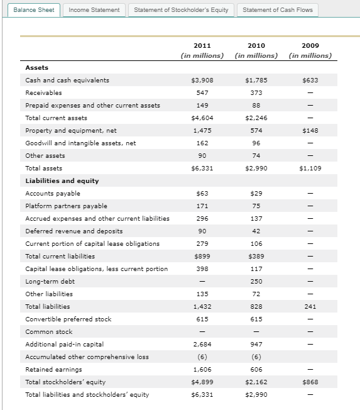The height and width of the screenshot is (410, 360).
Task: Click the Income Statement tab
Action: (x=94, y=10)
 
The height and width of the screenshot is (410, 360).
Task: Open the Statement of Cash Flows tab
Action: (x=277, y=10)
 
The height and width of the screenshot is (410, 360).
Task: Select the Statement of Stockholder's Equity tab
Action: (x=182, y=10)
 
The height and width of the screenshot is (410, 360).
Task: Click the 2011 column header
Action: (x=202, y=46)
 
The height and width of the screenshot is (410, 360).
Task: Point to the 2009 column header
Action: (x=310, y=46)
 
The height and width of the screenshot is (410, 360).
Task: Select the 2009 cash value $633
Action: (x=310, y=80)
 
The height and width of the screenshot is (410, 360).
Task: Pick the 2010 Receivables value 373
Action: (x=256, y=92)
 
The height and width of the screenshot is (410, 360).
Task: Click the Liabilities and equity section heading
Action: (x=62, y=180)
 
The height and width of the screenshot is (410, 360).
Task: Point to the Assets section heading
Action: (x=36, y=67)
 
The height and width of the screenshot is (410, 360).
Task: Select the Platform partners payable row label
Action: (x=66, y=206)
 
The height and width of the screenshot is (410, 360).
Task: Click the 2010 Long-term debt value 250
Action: (x=256, y=281)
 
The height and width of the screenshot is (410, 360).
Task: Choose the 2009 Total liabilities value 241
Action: (x=310, y=306)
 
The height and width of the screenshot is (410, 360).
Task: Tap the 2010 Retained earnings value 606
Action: (x=256, y=369)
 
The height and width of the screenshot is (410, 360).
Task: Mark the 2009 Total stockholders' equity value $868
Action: (x=310, y=382)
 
